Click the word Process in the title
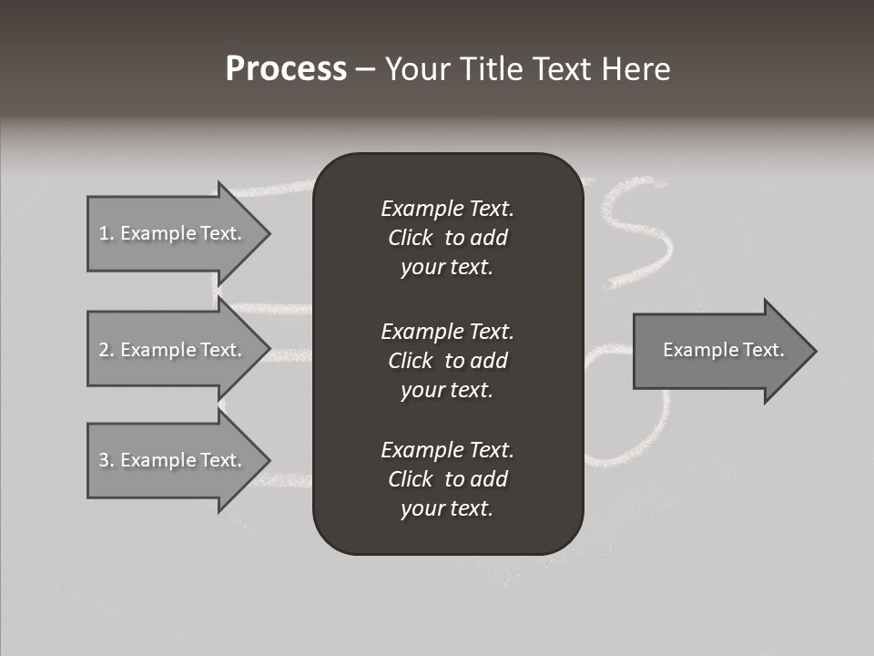(286, 69)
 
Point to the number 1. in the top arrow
(106, 233)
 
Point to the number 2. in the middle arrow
(106, 350)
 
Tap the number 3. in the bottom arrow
(106, 460)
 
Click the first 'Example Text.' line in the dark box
(447, 209)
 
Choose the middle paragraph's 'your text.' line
(447, 390)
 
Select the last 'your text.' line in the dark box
(447, 508)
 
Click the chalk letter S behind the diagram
(637, 232)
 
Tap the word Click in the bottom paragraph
(410, 479)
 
